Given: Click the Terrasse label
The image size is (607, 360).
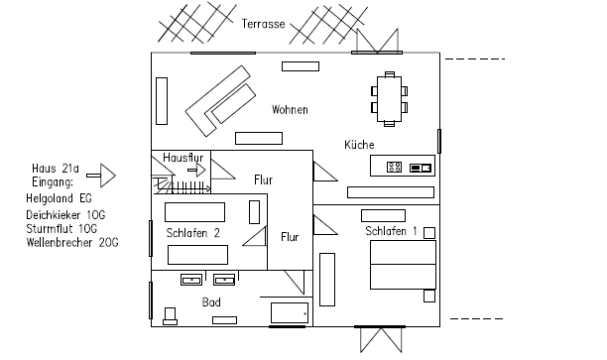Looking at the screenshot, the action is pos(263,24).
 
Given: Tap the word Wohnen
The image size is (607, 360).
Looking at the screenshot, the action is pos(290,109).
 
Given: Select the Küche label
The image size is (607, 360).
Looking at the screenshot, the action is pos(359,145).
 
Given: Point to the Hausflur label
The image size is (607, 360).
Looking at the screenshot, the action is pos(183,158).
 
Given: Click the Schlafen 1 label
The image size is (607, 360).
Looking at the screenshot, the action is pos(391,231).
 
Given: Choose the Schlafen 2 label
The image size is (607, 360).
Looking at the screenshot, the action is pos(192,233).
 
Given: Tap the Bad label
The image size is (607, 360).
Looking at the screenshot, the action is pos(211,301).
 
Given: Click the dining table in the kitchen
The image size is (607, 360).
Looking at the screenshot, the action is pos(390,99).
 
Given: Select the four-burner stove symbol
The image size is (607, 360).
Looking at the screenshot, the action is pos(394,168).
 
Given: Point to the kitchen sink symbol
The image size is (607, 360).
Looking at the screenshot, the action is pos(421,168).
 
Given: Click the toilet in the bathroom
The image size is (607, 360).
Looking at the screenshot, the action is pos(170,316).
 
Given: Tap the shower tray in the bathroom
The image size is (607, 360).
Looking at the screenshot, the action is pos(290,312).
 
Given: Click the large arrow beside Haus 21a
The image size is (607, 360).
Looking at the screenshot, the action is pos(101,176).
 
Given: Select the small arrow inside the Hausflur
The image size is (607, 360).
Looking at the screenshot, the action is pos(196,170).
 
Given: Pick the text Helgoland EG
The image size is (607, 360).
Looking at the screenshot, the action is pos(59,198).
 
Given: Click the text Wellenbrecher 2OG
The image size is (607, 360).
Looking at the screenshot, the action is pos(72,243).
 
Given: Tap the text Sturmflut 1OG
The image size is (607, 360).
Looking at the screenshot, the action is pos(61,229).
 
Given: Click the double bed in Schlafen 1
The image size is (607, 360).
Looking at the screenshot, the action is pos(403,265).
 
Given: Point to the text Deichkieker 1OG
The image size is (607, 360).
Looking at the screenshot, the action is pos(65,215).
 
